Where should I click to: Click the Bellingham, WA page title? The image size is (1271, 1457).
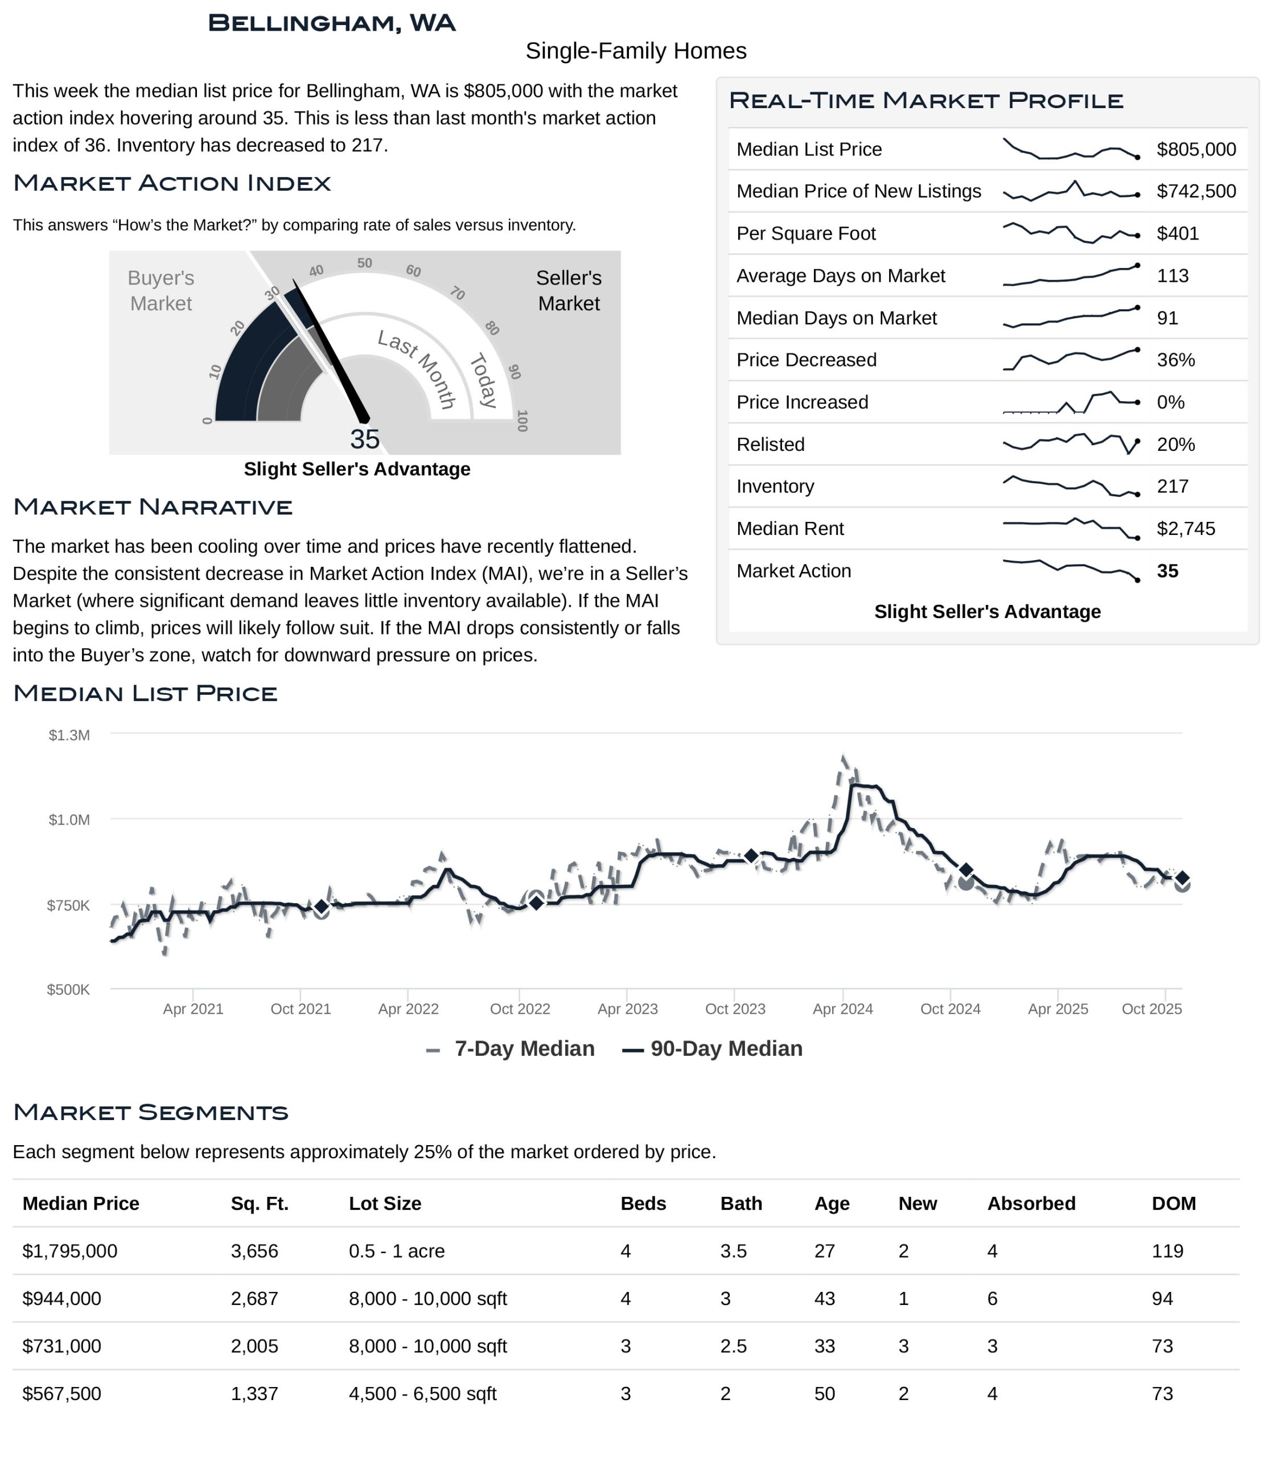[331, 23]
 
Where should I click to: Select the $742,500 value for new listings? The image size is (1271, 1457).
[1196, 192]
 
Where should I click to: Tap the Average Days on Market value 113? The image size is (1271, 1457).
[1173, 276]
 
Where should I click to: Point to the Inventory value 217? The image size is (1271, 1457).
[1173, 487]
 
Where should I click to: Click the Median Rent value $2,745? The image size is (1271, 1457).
[1185, 529]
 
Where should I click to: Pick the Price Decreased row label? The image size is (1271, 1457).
[806, 360]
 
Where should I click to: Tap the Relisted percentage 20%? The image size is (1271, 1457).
[1175, 444]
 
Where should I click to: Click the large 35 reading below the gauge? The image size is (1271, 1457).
[364, 440]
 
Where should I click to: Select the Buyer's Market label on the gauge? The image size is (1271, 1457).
[161, 291]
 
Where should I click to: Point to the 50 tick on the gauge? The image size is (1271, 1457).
[364, 263]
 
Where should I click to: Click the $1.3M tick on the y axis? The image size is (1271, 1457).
[69, 735]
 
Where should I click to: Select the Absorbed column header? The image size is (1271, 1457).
[1031, 1204]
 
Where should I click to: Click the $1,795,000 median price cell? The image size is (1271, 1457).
[69, 1252]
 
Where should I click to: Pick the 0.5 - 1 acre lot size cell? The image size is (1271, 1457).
[397, 1252]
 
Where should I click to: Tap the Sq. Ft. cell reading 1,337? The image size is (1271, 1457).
[254, 1394]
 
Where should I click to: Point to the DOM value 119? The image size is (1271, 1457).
[1167, 1252]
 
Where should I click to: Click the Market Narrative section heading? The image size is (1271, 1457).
[153, 507]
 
